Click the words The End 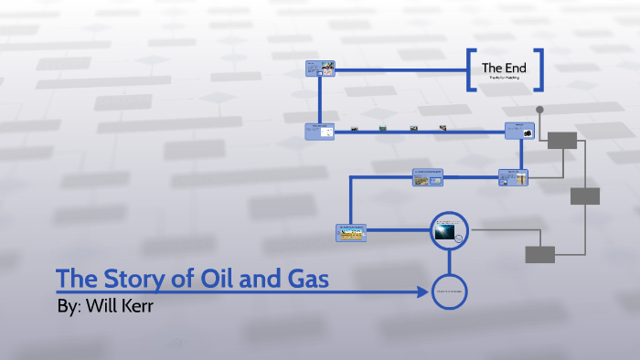click(x=504, y=67)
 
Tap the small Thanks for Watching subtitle click(x=504, y=80)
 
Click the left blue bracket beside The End click(x=470, y=70)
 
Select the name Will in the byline click(x=107, y=306)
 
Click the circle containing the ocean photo click(x=449, y=230)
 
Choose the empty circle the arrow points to click(x=449, y=291)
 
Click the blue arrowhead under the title click(x=423, y=292)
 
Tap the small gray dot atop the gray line click(x=539, y=110)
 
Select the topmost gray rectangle click(x=562, y=140)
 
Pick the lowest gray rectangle click(x=539, y=254)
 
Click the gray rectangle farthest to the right click(x=585, y=196)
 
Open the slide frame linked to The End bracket click(x=320, y=69)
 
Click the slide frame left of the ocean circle click(x=350, y=232)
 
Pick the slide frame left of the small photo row click(x=319, y=131)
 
